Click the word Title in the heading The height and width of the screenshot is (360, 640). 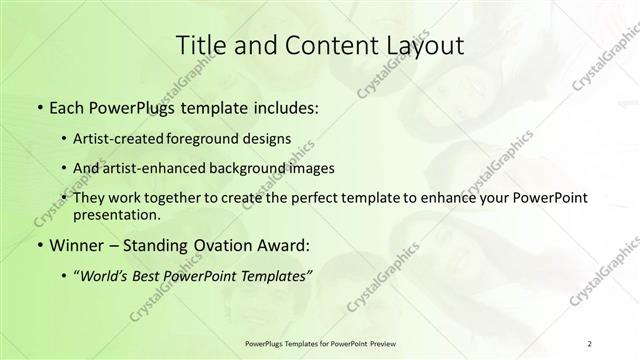click(203, 45)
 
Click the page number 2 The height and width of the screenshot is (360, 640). click(590, 343)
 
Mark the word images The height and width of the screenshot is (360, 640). click(307, 167)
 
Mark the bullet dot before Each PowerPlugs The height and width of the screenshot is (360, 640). click(39, 106)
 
